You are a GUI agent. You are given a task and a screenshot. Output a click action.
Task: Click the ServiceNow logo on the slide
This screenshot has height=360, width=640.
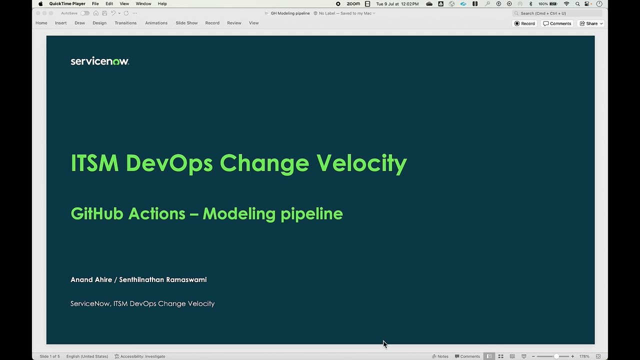(99, 61)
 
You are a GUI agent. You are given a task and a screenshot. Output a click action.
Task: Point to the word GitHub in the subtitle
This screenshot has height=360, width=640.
(97, 214)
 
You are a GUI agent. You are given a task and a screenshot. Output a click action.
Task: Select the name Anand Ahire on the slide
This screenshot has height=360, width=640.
(91, 279)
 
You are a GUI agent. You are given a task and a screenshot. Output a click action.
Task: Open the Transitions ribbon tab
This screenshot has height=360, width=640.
(125, 23)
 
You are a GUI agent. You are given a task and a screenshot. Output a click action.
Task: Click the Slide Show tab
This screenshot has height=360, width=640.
(186, 23)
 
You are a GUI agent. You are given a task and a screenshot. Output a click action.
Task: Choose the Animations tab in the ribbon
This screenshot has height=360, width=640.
(156, 23)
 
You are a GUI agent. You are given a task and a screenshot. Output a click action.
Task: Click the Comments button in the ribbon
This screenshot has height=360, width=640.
(557, 23)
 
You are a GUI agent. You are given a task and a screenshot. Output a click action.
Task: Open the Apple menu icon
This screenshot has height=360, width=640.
(40, 4)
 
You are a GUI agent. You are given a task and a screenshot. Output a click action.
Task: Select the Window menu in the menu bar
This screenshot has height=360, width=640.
(143, 4)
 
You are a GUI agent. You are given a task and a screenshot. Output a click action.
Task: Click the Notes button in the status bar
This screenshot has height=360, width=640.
(440, 356)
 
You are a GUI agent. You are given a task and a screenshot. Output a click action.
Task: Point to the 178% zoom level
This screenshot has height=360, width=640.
(584, 356)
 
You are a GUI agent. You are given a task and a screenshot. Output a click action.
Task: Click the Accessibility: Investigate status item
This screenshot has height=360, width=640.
(140, 356)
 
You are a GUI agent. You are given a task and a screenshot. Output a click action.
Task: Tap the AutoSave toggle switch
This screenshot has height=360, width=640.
(85, 13)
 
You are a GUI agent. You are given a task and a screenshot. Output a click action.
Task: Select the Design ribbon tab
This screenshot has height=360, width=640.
(99, 23)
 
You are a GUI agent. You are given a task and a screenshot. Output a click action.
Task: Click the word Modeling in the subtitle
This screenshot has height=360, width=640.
(239, 214)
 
